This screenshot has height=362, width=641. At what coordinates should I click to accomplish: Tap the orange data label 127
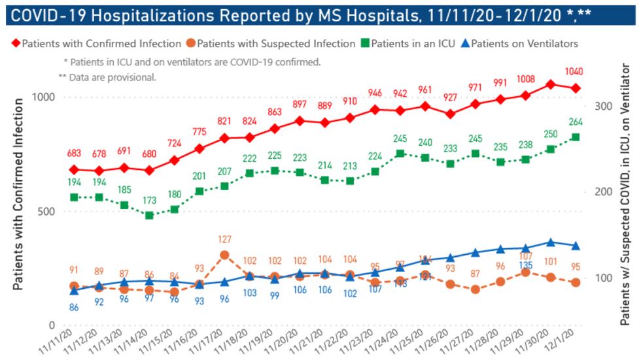pos(224,239)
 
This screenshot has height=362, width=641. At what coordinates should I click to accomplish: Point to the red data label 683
pos(74,153)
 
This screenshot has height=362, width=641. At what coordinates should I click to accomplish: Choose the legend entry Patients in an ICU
pos(407,44)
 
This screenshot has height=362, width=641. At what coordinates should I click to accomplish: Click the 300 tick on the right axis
pos(600,106)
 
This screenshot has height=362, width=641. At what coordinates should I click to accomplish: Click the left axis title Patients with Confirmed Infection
pos(19,194)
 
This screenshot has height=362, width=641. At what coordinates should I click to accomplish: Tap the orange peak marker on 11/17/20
pos(224,255)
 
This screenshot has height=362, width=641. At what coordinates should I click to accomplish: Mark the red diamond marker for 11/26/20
pos(450,114)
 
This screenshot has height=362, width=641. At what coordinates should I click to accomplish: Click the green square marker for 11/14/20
pos(149,215)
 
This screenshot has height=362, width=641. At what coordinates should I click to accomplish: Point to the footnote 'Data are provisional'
pos(107,76)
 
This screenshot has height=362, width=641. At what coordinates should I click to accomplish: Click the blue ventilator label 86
pos(74,307)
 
